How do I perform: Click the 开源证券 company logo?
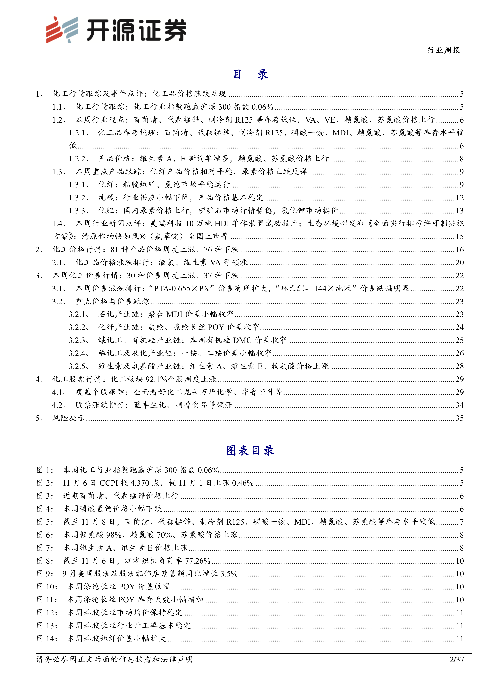116,30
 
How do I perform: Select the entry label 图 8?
45,561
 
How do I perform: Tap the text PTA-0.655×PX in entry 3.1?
182,288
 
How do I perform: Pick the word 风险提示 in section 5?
69,418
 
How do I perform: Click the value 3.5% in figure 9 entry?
229,574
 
